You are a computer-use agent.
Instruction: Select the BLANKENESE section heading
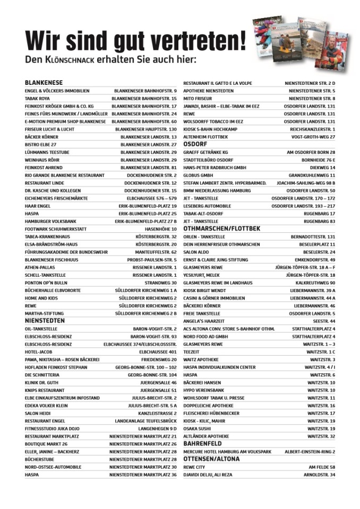44,83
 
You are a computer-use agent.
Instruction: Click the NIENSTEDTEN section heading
45,321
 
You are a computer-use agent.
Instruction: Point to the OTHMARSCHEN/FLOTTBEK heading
221,229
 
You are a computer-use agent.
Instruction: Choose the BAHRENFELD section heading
203,443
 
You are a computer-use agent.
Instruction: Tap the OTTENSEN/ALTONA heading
211,459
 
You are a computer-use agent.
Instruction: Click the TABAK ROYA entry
37,98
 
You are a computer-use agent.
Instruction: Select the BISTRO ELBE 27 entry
41,144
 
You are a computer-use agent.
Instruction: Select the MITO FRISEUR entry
198,99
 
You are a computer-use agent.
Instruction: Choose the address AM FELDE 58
322,467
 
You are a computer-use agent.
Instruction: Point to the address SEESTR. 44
324,321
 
